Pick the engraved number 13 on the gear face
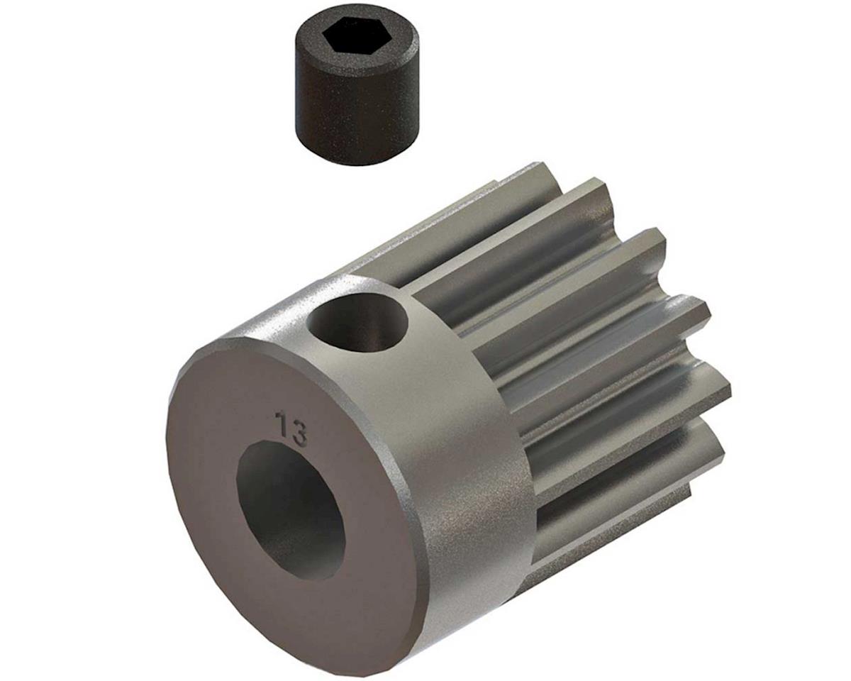291,428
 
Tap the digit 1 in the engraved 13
283,424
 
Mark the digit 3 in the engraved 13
299,433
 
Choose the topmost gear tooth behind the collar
525,177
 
